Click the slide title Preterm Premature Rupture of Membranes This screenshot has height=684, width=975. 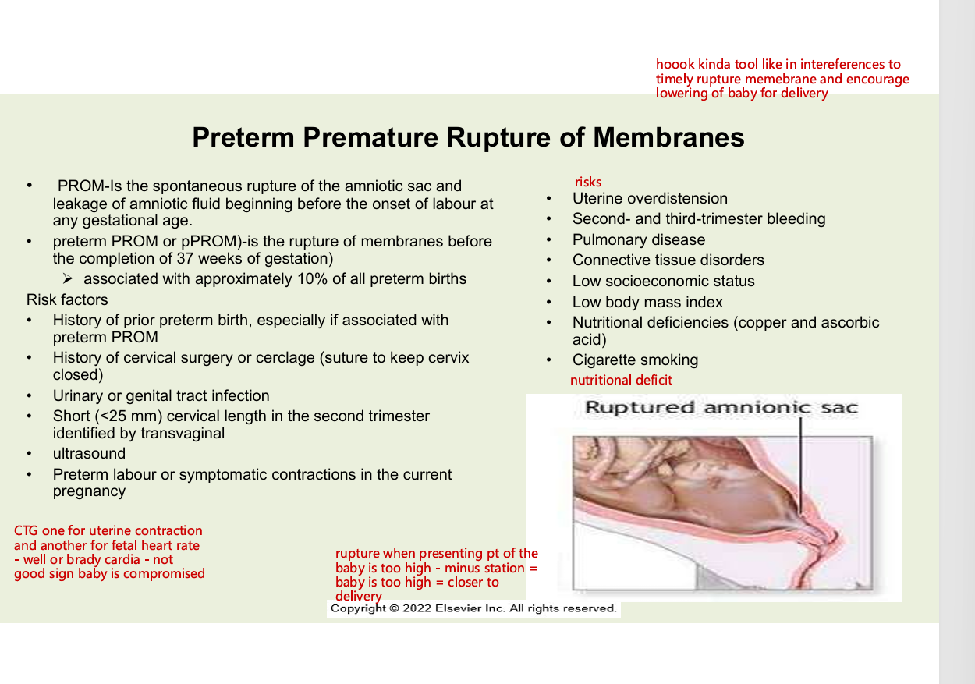click(468, 137)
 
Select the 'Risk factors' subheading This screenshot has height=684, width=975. click(67, 300)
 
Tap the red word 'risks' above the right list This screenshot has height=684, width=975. click(588, 182)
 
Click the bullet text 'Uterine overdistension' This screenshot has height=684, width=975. click(650, 199)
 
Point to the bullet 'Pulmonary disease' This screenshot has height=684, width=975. click(638, 240)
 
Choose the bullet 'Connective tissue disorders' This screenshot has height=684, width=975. click(668, 260)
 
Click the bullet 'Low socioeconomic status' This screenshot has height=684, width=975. click(663, 282)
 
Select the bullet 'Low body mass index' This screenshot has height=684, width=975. click(647, 303)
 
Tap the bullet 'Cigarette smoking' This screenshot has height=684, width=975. click(635, 360)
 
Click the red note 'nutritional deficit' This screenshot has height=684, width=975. click(621, 381)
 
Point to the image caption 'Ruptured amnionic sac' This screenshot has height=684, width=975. click(721, 408)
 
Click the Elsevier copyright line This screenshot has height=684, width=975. click(473, 608)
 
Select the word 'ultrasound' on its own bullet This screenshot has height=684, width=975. click(89, 454)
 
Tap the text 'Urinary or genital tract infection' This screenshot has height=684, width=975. click(161, 396)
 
